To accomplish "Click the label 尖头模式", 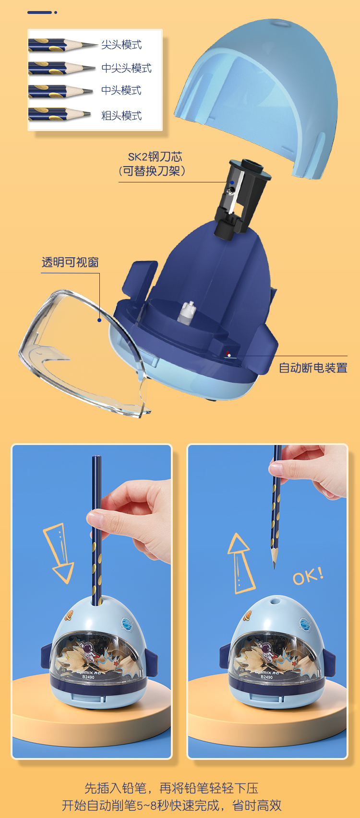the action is (121, 45).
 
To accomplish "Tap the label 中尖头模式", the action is (126, 68).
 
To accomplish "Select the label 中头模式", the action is (121, 90).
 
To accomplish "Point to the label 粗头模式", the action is (121, 115).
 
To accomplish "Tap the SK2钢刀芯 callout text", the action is (155, 156).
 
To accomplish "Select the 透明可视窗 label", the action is (70, 262).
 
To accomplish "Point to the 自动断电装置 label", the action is (313, 368).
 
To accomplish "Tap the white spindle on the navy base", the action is (187, 312).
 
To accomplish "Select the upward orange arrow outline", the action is (240, 563).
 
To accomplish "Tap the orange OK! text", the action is (308, 576).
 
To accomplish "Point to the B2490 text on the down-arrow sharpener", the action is (88, 677).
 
